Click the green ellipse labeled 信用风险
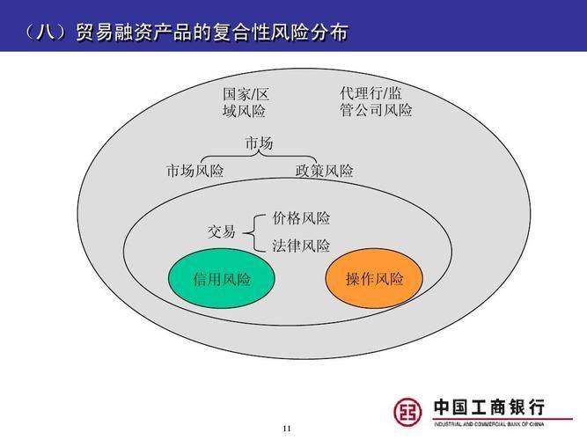point(222,280)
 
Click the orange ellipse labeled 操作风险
point(374,280)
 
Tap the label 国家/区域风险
point(244,102)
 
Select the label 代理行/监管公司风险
point(376,101)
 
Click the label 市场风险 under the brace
point(195,172)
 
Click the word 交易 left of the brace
point(221,232)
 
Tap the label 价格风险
point(301,218)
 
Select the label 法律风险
point(301,246)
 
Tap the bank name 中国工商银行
point(489,407)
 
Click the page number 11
point(286,429)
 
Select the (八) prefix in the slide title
point(42,33)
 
